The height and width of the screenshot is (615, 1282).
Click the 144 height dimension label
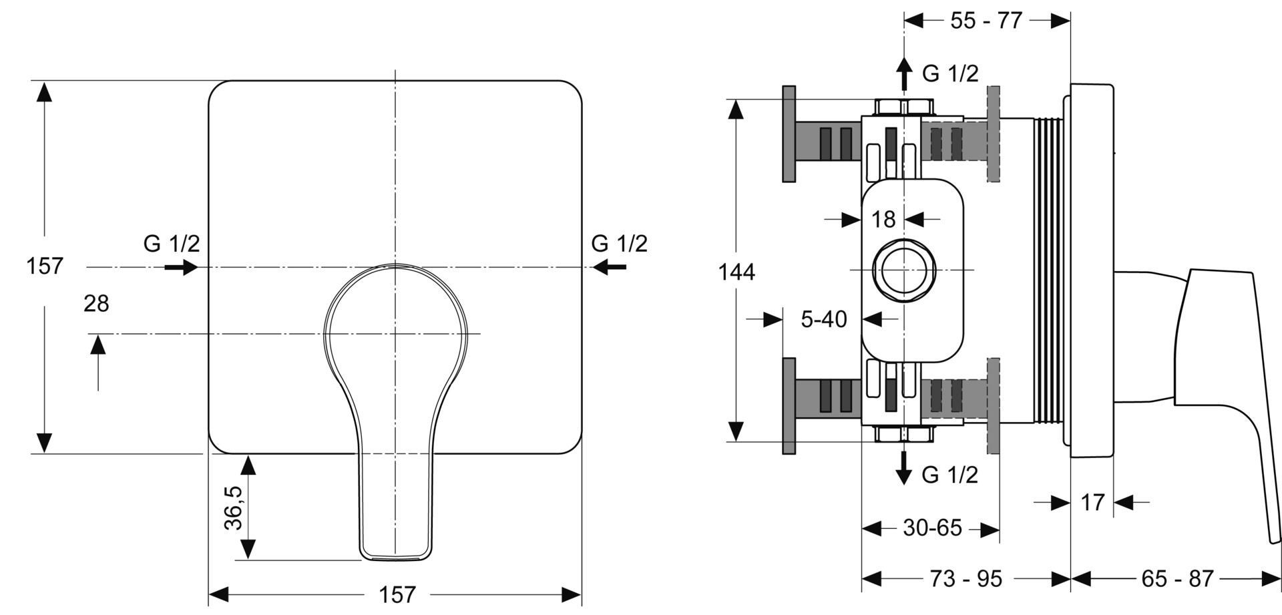(736, 272)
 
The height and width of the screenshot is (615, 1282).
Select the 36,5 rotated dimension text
(234, 507)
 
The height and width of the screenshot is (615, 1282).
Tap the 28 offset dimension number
(96, 304)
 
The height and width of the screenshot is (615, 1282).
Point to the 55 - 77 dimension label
(986, 21)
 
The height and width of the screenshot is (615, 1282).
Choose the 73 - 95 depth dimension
(966, 578)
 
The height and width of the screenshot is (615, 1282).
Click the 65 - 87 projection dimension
(1177, 578)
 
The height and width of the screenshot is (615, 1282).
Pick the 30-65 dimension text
(933, 528)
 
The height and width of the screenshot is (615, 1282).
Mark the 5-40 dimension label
(824, 319)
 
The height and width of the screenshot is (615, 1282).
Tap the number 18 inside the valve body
(883, 219)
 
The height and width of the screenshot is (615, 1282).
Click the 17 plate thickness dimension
(1092, 502)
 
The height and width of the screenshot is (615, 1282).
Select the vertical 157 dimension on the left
(45, 266)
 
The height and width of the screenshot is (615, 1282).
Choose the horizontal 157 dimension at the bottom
(397, 594)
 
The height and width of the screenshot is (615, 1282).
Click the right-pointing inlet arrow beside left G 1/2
(181, 268)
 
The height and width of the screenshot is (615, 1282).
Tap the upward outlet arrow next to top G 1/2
(904, 73)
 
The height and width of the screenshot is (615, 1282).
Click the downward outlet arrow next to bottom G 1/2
(904, 467)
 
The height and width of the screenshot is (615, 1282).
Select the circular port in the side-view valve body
(904, 270)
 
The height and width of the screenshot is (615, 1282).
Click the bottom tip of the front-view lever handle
(395, 559)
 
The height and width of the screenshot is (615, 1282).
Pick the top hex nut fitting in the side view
(904, 107)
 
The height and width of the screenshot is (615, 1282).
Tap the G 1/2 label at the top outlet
(950, 73)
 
